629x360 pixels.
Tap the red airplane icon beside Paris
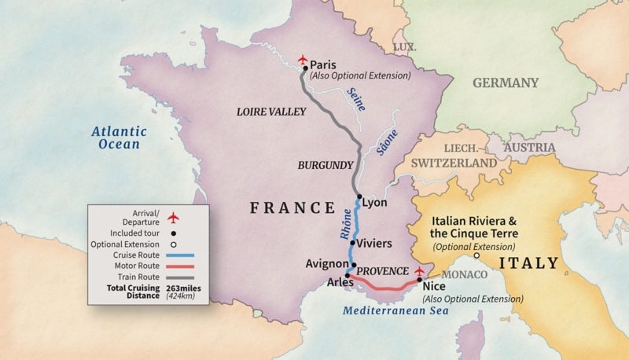pos(305,60)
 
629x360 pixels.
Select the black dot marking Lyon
pos(359,197)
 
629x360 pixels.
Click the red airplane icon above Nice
pos(419,271)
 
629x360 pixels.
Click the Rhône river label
pos(344,225)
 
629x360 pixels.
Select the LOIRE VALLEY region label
pos(271,112)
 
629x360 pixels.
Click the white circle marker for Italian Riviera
pos(476,255)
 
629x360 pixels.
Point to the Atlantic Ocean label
pos(114,138)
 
